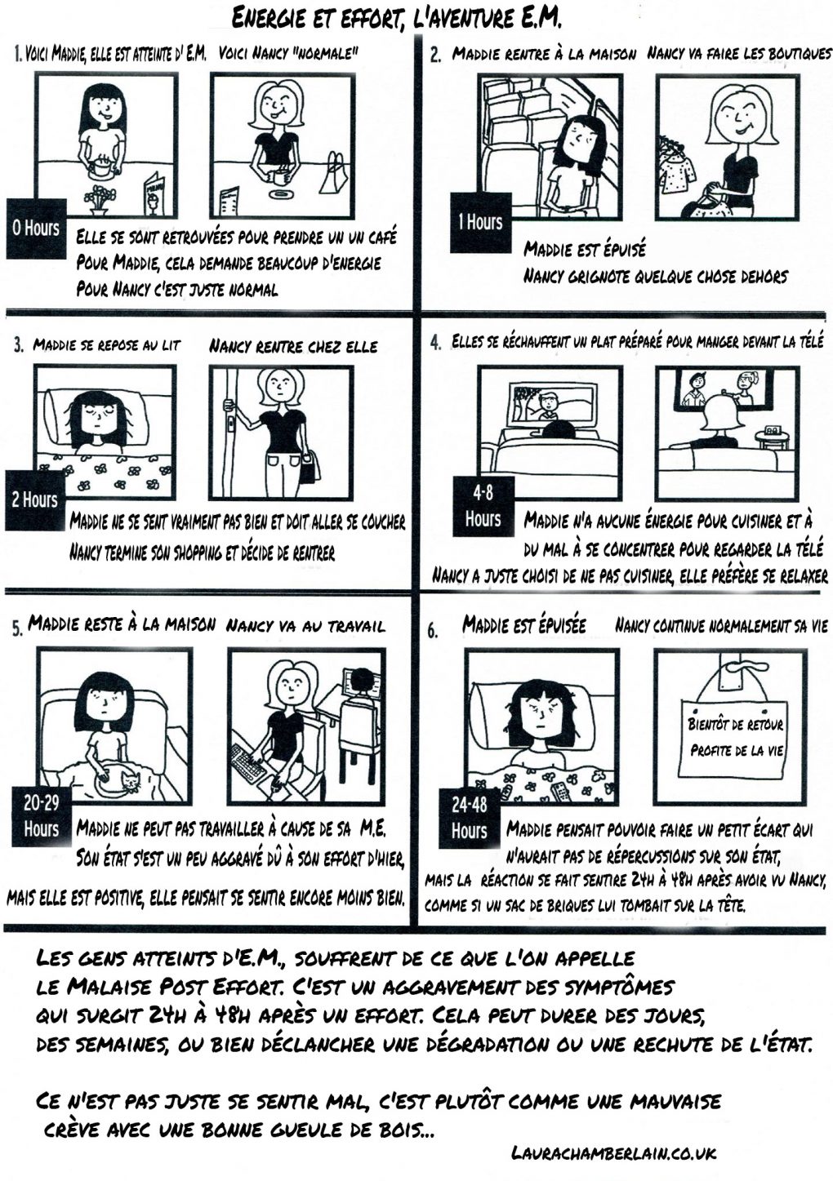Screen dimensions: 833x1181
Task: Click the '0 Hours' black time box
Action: point(37,229)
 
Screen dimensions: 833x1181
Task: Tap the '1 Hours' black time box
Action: point(480,222)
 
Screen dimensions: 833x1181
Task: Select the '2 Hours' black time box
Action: point(35,499)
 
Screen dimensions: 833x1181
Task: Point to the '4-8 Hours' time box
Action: point(483,507)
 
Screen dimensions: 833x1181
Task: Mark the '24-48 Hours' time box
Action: point(469,818)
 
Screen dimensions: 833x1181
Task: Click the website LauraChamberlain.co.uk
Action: point(613,1153)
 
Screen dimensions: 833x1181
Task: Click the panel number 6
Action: point(433,632)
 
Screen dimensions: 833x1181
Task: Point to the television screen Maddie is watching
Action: point(551,403)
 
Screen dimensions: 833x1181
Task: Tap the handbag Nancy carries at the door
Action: point(310,468)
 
